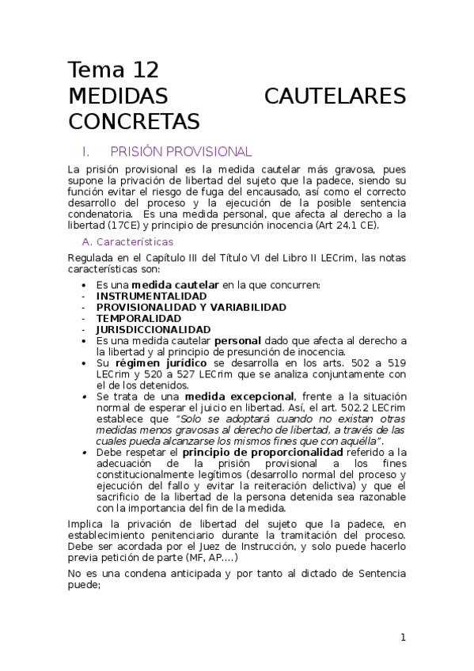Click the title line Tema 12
coord(113,70)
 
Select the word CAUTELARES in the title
coord(335,97)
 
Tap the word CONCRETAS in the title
coord(135,122)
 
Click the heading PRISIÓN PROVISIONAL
coord(180,151)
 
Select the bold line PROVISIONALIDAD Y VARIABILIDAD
coord(191,307)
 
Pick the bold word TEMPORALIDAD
coord(138,318)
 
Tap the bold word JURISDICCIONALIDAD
coord(154,329)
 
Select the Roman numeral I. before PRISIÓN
coord(86,151)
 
